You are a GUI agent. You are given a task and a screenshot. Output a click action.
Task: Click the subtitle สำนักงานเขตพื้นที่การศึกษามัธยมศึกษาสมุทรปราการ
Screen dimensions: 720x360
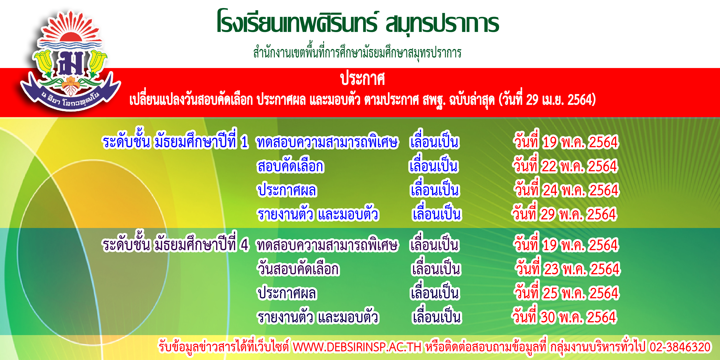357,53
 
